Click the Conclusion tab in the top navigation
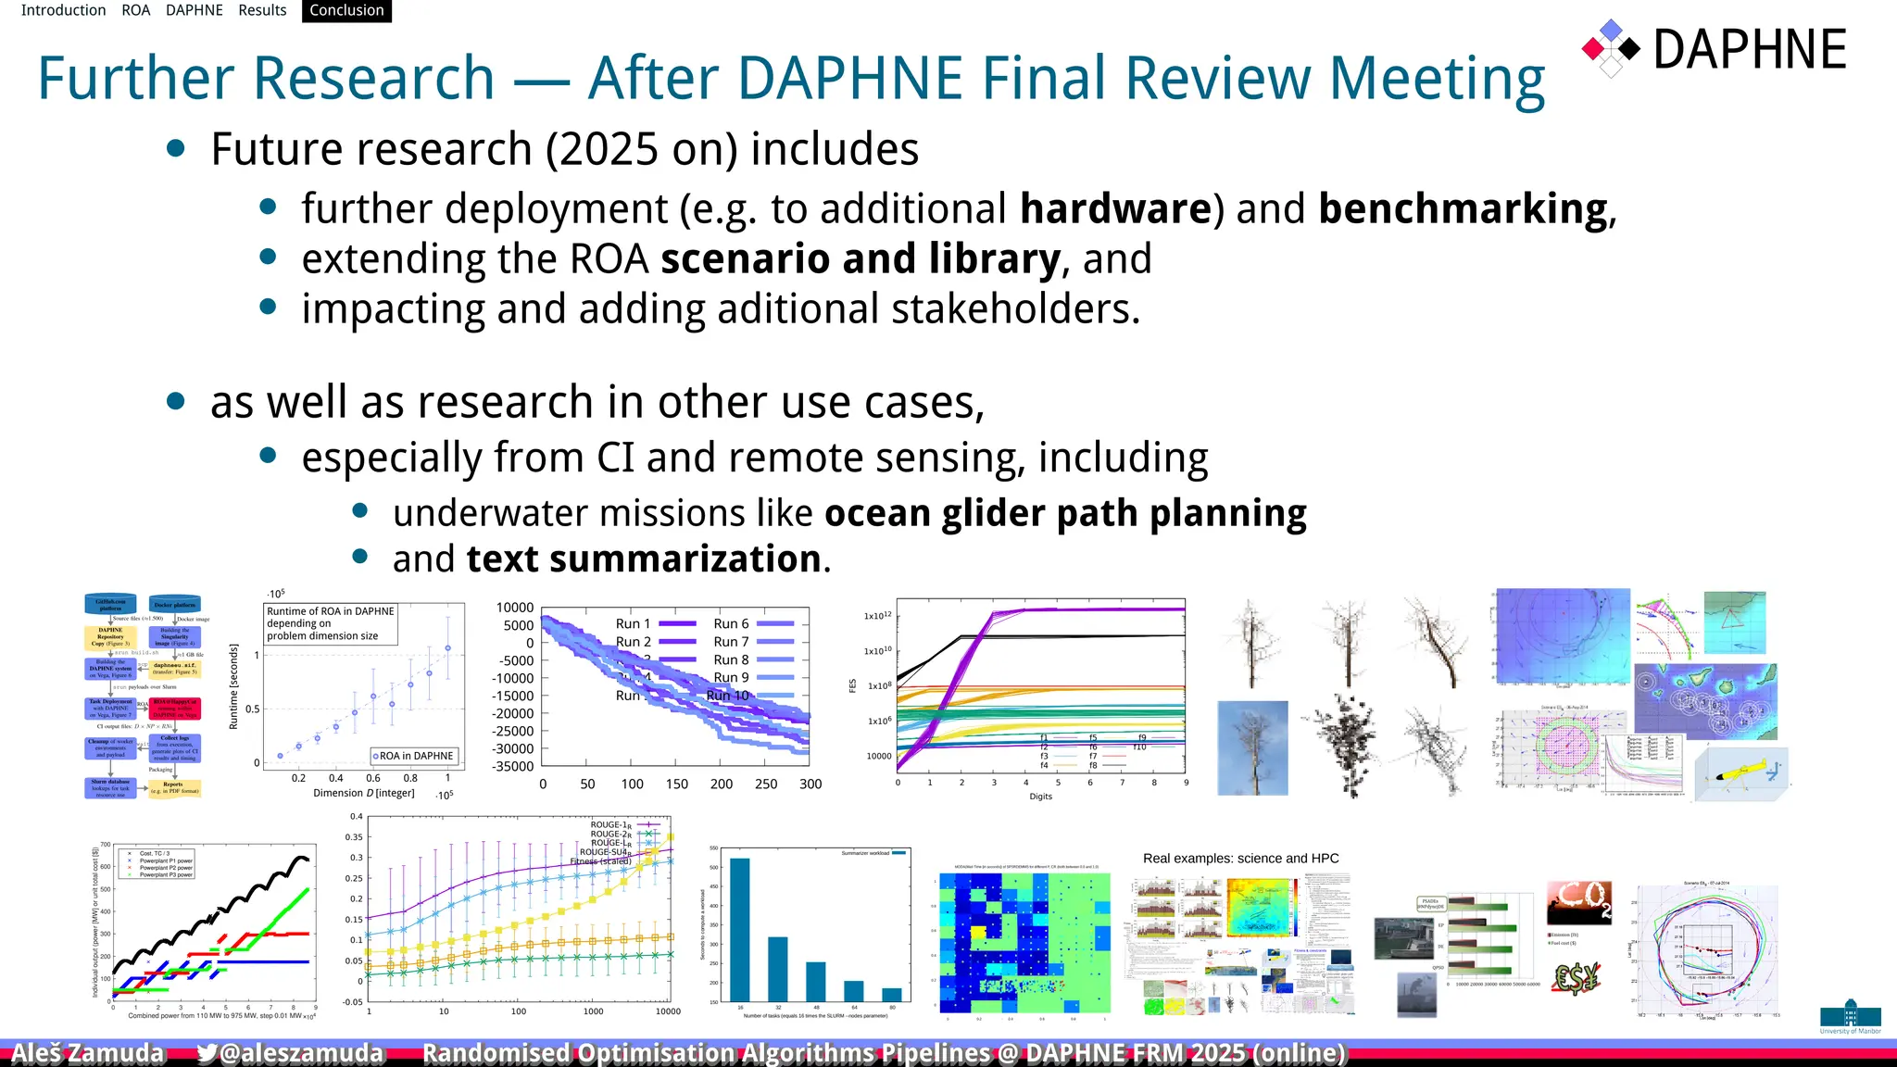coord(346,10)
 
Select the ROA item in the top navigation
coord(135,10)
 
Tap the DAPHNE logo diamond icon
coord(1611,48)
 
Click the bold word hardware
coord(1115,208)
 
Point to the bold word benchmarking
coord(1463,208)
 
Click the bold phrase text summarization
coord(644,559)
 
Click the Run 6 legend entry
coord(732,623)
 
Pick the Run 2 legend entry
coord(634,641)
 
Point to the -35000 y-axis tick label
coord(513,766)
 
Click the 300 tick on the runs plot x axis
coord(810,784)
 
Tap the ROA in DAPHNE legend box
coord(414,756)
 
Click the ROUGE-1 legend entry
coord(611,824)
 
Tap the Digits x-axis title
coord(1040,797)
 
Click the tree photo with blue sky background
coord(1252,747)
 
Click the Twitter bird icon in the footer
coord(206,1053)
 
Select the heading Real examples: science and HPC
coord(1240,859)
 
